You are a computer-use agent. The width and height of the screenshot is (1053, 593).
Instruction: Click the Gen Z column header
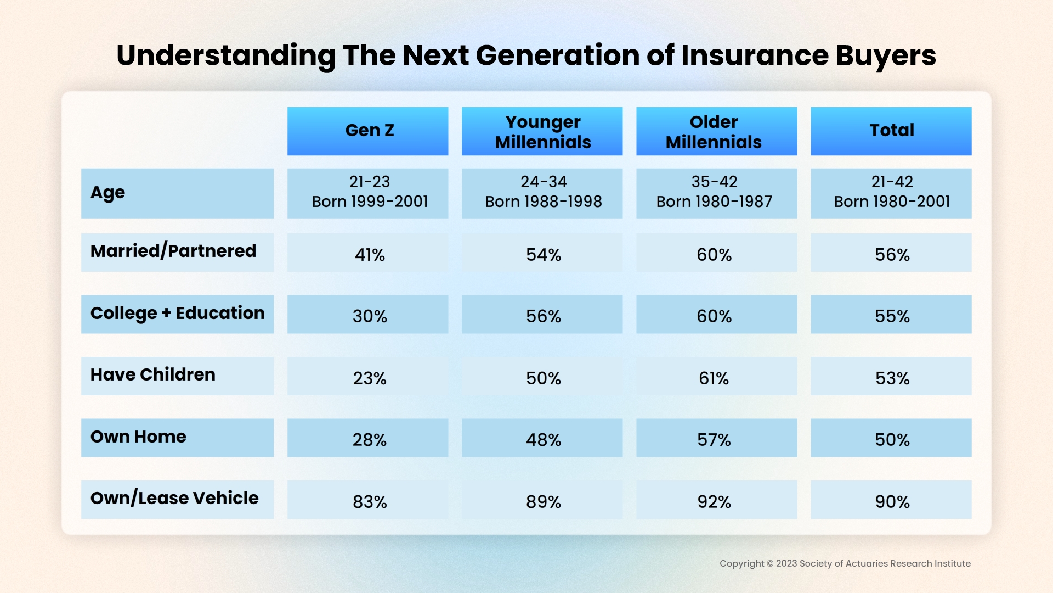tap(368, 131)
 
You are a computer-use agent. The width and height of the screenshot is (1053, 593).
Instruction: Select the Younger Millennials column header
tap(542, 131)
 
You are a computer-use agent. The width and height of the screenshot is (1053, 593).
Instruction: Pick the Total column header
tap(891, 131)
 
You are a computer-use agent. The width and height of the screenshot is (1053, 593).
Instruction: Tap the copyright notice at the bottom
tap(845, 563)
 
